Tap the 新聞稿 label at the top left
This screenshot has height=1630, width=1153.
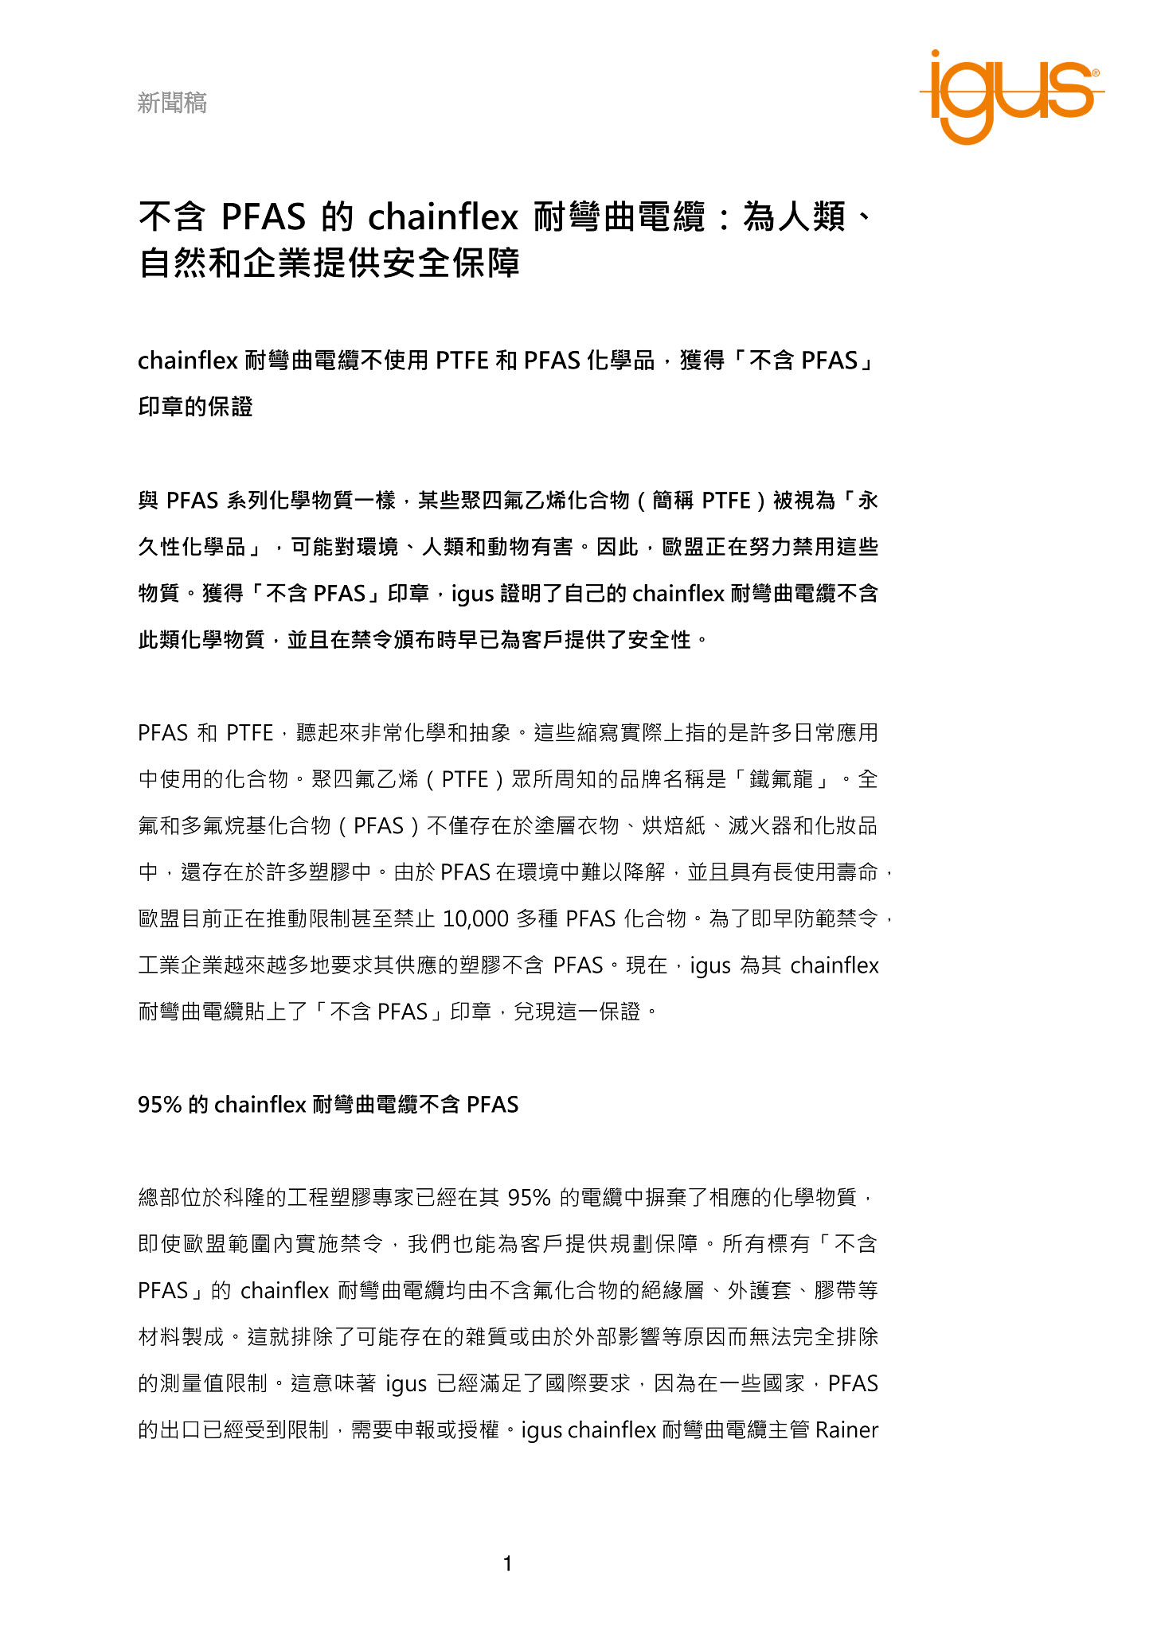[x=172, y=103]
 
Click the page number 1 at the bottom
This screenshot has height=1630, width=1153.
[x=507, y=1564]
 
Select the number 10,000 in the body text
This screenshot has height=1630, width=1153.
[x=475, y=919]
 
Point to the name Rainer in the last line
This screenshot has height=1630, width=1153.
[x=846, y=1430]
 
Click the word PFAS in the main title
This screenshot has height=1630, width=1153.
[x=263, y=216]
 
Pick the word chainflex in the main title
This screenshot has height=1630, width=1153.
[x=443, y=216]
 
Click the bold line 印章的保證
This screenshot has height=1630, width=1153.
[x=195, y=407]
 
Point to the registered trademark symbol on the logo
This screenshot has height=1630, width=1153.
[x=1096, y=72]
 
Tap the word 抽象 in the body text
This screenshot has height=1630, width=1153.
[x=490, y=733]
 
